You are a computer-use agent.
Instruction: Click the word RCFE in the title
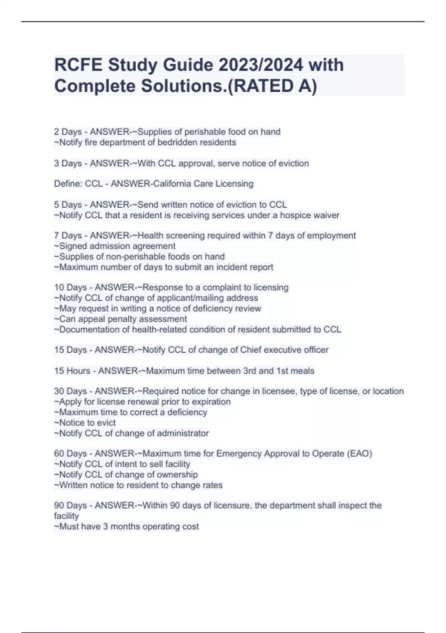[78, 65]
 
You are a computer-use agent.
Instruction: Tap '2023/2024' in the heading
[261, 65]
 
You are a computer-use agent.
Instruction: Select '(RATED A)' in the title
[272, 86]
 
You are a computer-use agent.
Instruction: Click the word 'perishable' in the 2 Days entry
[205, 132]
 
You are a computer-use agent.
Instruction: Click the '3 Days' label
[68, 163]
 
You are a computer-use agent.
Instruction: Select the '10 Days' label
[70, 287]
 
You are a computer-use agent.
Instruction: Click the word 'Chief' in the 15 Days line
[251, 350]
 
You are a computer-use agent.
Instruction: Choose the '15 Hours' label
[72, 371]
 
